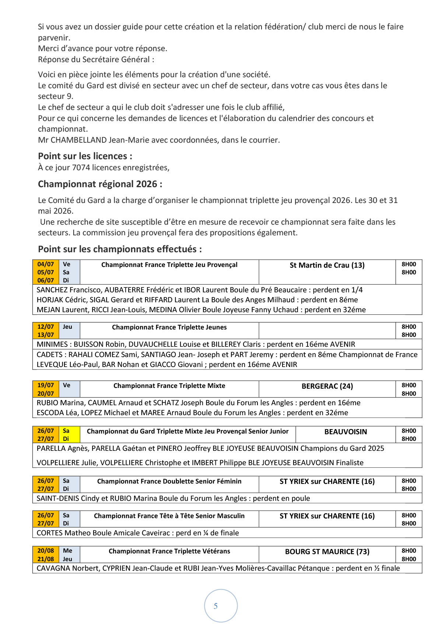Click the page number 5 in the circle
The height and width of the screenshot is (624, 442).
pos(216,606)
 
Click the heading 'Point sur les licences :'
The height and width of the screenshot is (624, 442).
pos(85,156)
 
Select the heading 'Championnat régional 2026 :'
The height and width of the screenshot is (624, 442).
pos(100,184)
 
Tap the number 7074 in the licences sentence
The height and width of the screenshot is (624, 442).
pos(81,168)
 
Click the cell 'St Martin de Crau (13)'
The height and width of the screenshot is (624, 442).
pos(327,265)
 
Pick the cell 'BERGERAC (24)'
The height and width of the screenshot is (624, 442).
pos(327,386)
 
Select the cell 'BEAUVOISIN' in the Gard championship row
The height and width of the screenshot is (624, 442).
pos(345,432)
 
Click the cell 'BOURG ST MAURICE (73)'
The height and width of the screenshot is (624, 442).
pos(327,552)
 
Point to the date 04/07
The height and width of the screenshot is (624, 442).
pos(46,264)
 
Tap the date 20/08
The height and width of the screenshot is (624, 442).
pos(46,551)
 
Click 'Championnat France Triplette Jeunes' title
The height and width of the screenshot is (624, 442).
pos(169,327)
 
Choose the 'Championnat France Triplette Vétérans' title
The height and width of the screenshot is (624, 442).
pos(169,551)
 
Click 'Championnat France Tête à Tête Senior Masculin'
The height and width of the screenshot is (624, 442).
pos(169,516)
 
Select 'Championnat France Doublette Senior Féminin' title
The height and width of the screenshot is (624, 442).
pos(169,481)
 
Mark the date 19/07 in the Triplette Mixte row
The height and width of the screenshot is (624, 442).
pos(46,385)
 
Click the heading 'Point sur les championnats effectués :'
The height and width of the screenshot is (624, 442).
pos(120,249)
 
